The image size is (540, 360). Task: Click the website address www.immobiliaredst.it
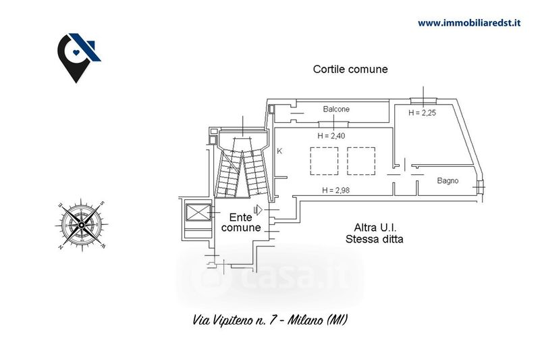tap(469, 23)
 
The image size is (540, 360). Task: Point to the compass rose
tap(81, 225)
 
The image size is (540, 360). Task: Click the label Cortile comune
tap(350, 70)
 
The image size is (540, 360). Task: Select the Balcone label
tap(336, 109)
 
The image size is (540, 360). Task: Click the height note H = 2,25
tap(423, 113)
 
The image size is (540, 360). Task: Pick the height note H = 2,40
tap(331, 136)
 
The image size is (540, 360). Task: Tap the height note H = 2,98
tap(335, 190)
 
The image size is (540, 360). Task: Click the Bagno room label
tap(448, 180)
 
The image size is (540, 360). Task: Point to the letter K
tap(279, 151)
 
